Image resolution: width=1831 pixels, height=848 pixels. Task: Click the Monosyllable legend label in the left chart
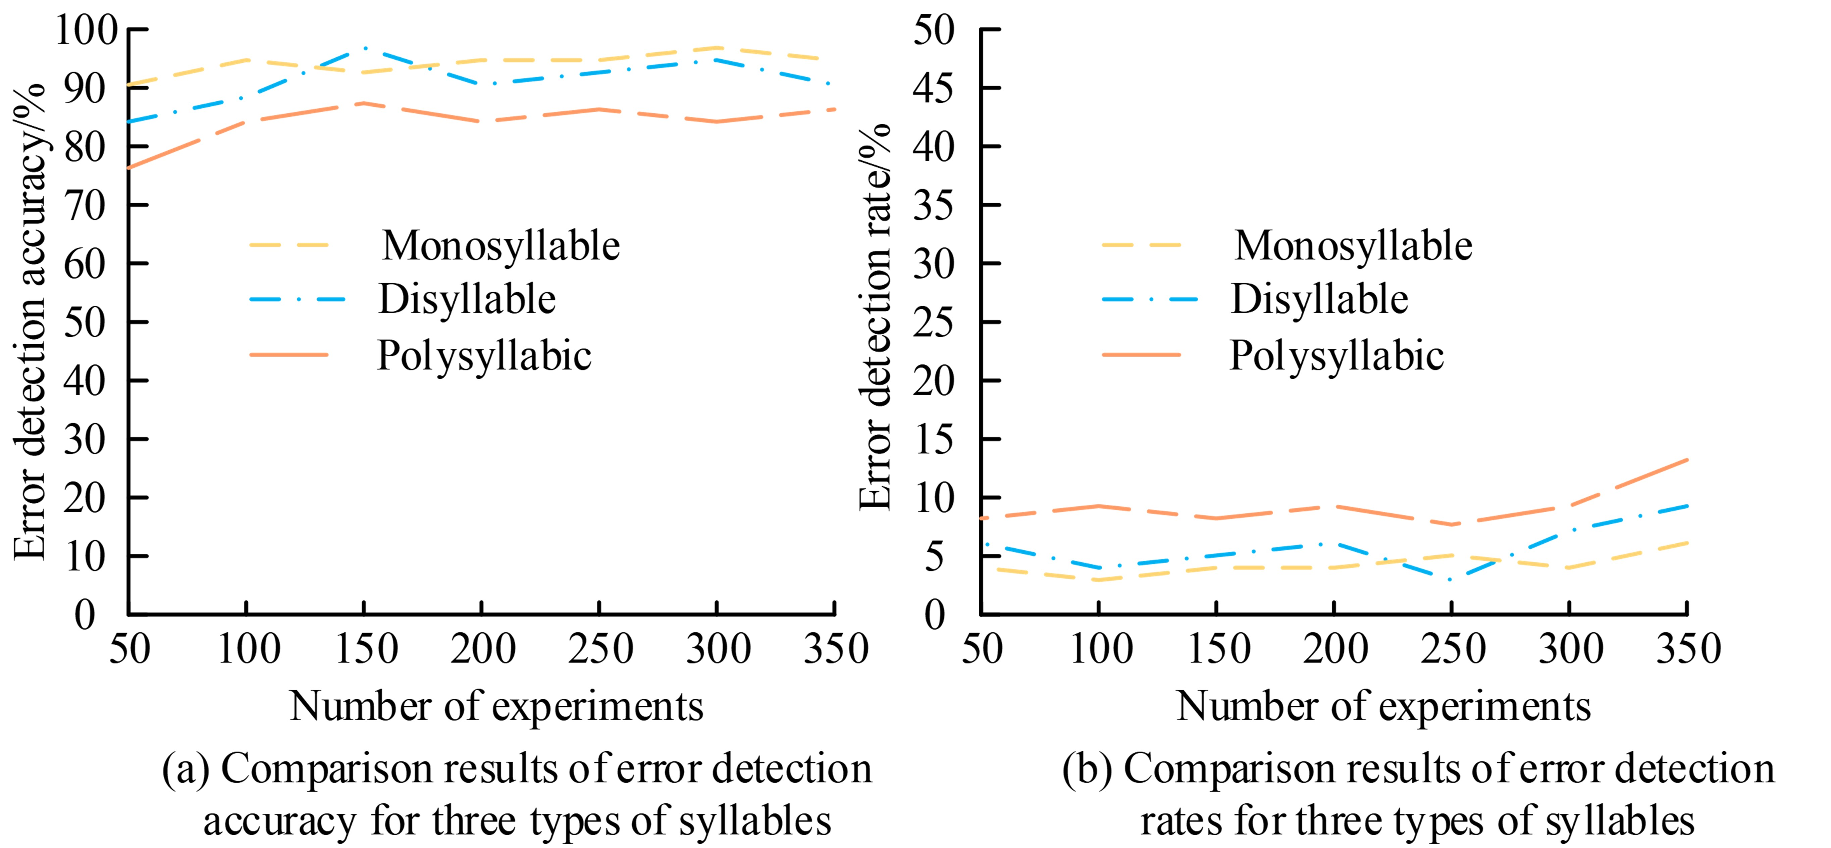pyautogui.click(x=501, y=246)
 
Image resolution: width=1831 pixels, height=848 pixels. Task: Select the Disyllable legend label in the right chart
pyautogui.click(x=1319, y=299)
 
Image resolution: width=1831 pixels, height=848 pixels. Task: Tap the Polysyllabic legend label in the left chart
pyautogui.click(x=483, y=355)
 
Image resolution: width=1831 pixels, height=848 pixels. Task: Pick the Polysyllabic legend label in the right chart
pyautogui.click(x=1336, y=355)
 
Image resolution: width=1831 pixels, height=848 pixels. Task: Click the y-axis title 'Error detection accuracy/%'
pyautogui.click(x=30, y=321)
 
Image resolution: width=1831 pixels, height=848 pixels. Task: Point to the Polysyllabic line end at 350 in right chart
pyautogui.click(x=1687, y=460)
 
